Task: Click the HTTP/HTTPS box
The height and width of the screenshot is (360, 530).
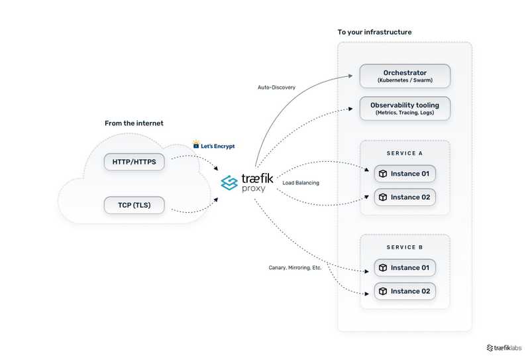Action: [x=134, y=162]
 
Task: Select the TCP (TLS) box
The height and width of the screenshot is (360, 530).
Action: [x=134, y=205]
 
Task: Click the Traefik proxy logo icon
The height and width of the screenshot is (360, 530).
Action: [x=229, y=182]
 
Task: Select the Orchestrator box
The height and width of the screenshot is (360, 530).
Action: [x=405, y=76]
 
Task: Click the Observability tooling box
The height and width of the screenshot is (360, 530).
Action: [x=405, y=109]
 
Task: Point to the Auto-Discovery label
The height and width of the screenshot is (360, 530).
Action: [x=276, y=88]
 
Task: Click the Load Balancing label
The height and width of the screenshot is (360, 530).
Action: [x=300, y=183]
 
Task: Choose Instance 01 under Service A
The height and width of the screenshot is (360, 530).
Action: [x=405, y=174]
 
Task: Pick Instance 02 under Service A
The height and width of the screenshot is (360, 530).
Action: [x=405, y=197]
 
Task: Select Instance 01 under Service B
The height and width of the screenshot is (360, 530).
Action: [x=405, y=268]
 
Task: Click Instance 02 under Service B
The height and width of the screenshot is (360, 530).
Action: [x=405, y=291]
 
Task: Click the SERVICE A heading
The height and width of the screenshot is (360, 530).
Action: [x=405, y=153]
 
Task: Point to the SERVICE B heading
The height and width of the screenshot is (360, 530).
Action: [x=405, y=247]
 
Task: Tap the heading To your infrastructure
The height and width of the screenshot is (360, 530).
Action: [x=374, y=32]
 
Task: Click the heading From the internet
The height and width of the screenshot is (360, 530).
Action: [x=134, y=123]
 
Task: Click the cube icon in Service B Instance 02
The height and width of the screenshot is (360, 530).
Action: [x=382, y=291]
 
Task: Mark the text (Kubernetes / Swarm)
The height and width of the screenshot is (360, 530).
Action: [x=405, y=80]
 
